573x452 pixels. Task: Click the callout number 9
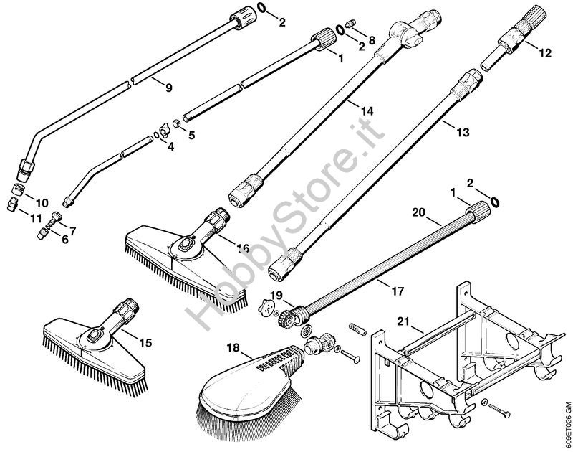(168, 88)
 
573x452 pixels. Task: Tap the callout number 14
(367, 111)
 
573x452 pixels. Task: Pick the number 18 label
(233, 347)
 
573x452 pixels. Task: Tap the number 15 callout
(145, 343)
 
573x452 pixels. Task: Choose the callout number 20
(420, 212)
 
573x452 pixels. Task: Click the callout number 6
(65, 239)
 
